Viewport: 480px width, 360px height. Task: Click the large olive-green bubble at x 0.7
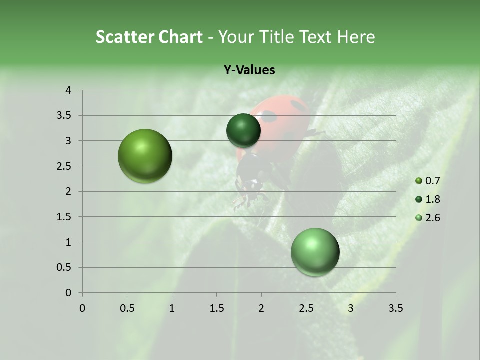pos(145,156)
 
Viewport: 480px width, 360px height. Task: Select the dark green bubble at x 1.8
pos(243,130)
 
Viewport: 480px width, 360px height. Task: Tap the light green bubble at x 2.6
pos(315,252)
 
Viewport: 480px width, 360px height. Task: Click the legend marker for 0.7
pos(419,181)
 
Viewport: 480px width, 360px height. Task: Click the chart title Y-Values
pos(249,70)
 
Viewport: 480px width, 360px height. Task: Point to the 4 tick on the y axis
pos(68,90)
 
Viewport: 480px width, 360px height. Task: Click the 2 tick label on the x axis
pos(261,308)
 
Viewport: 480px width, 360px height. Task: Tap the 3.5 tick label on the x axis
pos(395,308)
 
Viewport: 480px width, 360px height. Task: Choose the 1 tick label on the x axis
pos(172,308)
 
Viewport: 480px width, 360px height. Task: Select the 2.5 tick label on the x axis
pos(306,308)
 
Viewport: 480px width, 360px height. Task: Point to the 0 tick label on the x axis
pos(82,308)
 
